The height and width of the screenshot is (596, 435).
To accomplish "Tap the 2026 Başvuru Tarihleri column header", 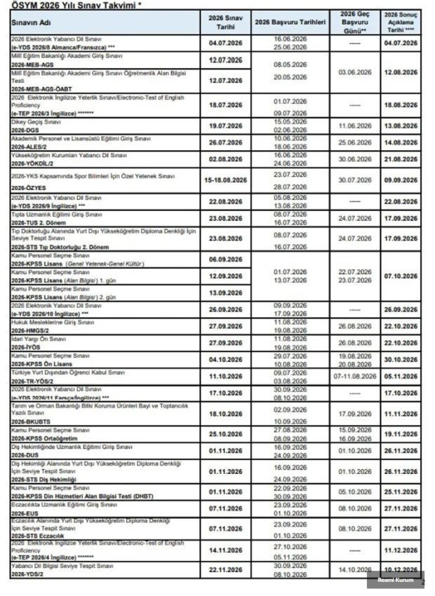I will [290, 22].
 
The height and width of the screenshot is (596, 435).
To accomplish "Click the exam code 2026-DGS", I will [25, 130].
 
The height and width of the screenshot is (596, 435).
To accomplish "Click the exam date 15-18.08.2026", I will [227, 180].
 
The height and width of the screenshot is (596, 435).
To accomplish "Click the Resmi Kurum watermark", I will [395, 581].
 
